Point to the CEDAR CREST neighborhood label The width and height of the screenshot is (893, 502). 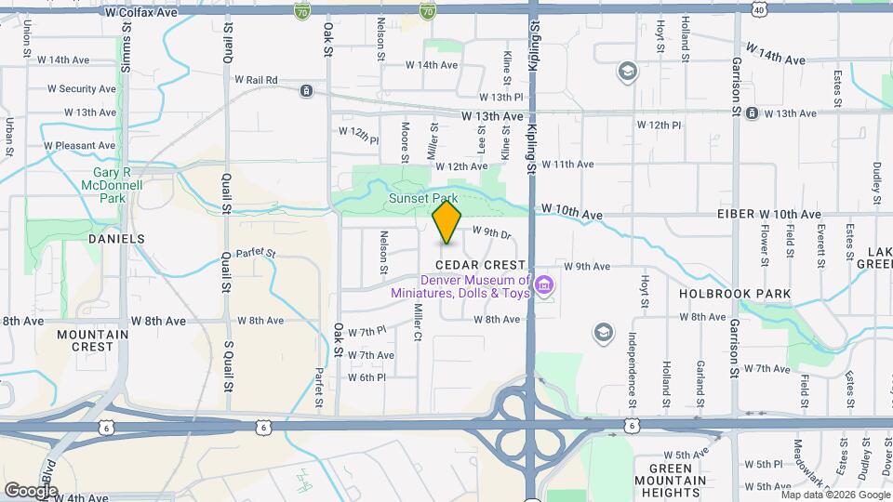click(x=469, y=265)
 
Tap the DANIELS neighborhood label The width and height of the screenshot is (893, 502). click(x=116, y=239)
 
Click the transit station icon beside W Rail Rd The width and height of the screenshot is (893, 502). click(x=305, y=90)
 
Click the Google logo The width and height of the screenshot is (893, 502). click(x=31, y=490)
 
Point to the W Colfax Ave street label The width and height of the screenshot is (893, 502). click(x=140, y=13)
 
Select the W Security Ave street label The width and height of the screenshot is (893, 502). click(x=82, y=89)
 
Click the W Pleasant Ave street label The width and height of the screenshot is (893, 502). click(x=78, y=146)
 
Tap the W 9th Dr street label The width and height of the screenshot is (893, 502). click(x=492, y=232)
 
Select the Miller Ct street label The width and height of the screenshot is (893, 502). click(x=419, y=322)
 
